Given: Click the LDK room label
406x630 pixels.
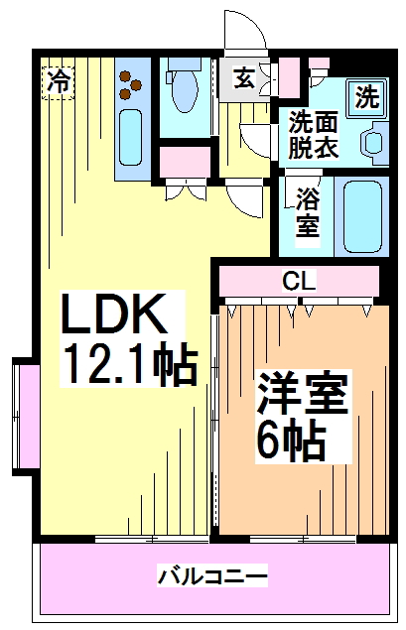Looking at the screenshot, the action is tap(114, 314).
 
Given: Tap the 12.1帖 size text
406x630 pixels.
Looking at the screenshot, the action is tap(129, 363).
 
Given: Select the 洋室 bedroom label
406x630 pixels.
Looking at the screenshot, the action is tap(302, 393).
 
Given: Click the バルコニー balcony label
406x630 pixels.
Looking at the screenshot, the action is tap(211, 577).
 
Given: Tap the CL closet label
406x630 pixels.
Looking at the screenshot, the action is tap(299, 281).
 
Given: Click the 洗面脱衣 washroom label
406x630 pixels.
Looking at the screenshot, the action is tap(313, 134).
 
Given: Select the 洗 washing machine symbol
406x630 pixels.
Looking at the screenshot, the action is tap(366, 97).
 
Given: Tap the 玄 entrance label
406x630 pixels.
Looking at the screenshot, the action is tap(244, 77).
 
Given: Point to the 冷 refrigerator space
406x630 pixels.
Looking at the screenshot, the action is tap(59, 82).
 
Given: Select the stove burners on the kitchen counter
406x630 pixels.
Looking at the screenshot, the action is tap(130, 84).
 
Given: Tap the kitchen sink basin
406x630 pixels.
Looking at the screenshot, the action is tap(131, 138).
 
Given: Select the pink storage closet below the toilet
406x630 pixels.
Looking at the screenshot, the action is tap(185, 162).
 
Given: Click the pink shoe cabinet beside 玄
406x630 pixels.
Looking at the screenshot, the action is tap(289, 76).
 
